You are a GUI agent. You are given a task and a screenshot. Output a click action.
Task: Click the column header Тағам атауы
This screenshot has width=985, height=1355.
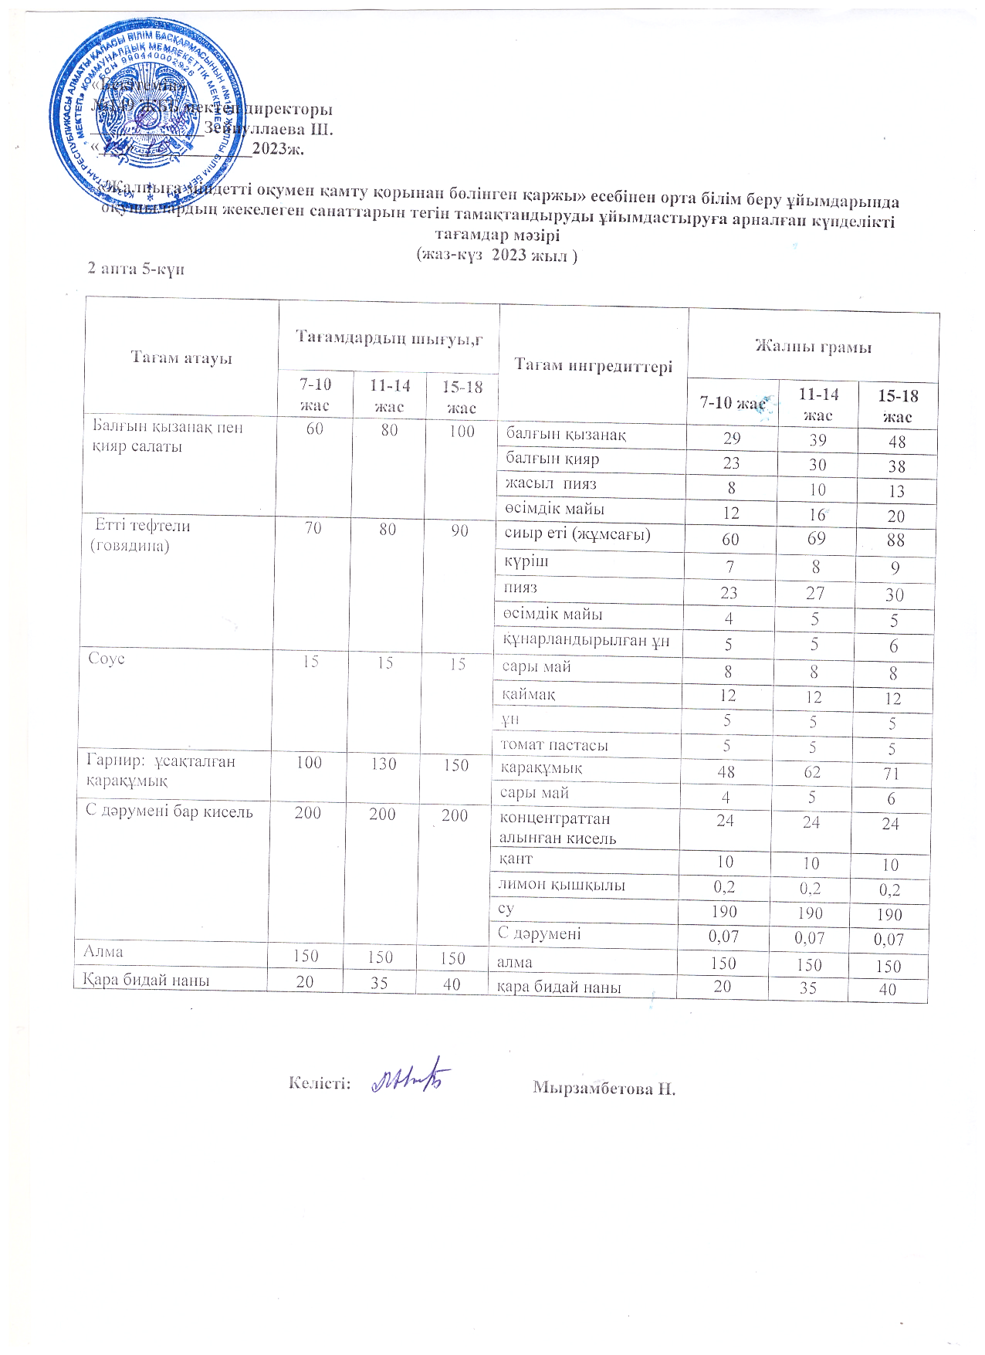(x=181, y=357)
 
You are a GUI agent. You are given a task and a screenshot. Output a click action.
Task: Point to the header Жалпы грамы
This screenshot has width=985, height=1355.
(x=813, y=347)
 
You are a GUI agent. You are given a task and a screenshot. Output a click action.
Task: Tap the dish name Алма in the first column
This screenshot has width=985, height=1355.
(x=103, y=952)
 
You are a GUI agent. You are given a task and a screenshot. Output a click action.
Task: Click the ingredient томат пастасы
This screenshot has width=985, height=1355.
(x=553, y=745)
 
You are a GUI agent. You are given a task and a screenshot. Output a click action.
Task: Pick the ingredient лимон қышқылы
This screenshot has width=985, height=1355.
(x=560, y=885)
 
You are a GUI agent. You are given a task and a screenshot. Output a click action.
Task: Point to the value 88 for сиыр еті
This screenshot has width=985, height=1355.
(x=895, y=541)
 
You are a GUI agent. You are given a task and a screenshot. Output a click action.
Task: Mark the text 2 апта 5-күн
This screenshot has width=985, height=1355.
(x=136, y=269)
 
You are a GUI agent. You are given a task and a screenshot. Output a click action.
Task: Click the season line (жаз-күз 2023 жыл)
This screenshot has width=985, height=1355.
(x=496, y=255)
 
